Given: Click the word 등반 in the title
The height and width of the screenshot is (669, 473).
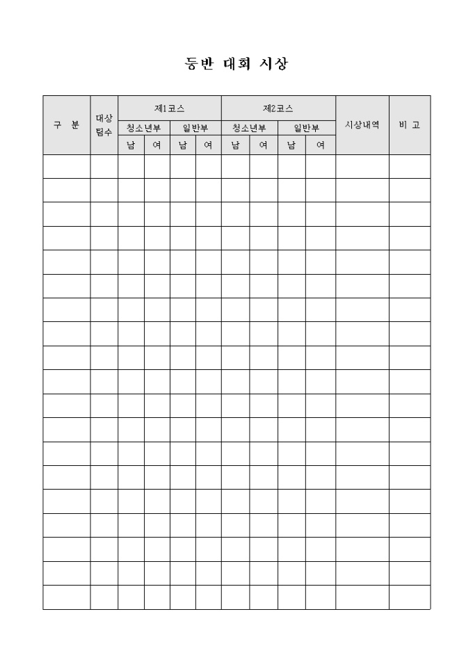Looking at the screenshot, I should (199, 64).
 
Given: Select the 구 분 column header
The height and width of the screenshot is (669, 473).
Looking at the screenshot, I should (66, 125).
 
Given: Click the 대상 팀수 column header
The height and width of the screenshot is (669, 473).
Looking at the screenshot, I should (104, 125).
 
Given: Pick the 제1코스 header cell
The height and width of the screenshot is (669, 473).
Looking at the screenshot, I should (169, 108).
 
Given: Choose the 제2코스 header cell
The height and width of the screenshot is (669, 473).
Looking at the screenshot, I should (278, 108).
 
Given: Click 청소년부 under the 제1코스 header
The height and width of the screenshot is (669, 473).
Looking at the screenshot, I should (143, 128).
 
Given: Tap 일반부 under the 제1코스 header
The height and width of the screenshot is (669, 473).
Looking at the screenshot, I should (195, 128).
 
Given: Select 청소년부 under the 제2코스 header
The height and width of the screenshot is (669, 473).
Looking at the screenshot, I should (249, 128).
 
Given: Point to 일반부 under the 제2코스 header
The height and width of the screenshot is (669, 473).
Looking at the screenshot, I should (306, 128).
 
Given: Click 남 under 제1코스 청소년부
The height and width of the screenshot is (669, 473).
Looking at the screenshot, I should (131, 145).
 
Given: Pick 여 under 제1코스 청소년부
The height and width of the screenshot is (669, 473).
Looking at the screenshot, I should (157, 145).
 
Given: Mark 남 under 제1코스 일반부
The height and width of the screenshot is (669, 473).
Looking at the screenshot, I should (182, 145).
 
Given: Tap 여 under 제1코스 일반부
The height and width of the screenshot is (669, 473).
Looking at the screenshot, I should (208, 145).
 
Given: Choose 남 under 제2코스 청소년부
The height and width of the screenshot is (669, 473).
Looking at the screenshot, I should (235, 145).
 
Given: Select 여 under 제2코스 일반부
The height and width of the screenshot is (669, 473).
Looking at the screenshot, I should (320, 145).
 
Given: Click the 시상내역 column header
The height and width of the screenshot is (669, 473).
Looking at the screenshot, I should (362, 125).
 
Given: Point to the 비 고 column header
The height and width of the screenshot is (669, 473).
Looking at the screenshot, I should (409, 125).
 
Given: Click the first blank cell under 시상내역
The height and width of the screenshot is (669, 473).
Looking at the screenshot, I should (362, 166).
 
